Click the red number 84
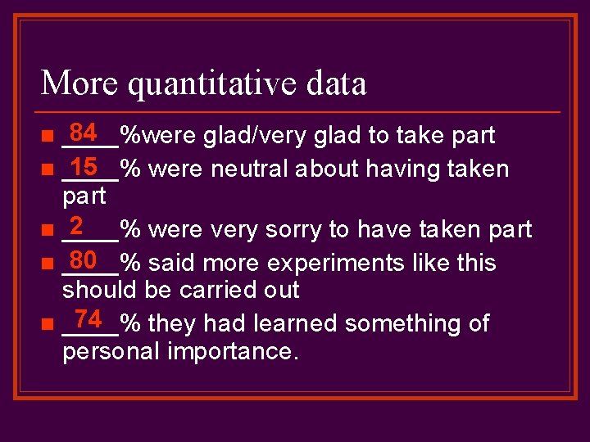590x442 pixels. [x=84, y=132]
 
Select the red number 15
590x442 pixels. [x=84, y=166]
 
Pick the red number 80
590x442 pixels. [x=84, y=260]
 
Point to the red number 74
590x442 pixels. [x=88, y=318]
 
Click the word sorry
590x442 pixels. [x=297, y=230]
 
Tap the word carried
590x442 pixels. [x=216, y=290]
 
